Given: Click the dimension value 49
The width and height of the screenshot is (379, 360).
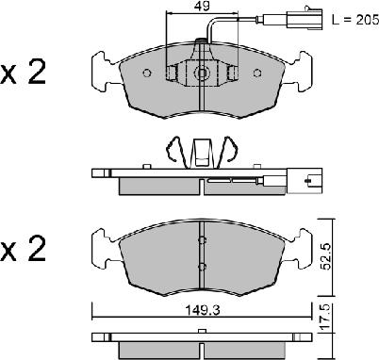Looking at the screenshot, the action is pyautogui.click(x=202, y=6).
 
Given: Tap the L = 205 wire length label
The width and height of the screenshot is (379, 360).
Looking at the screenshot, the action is pyautogui.click(x=355, y=20).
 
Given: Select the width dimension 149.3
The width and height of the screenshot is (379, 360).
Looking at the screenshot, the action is pyautogui.click(x=202, y=310).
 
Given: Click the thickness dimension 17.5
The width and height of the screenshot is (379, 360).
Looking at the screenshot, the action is pyautogui.click(x=325, y=318).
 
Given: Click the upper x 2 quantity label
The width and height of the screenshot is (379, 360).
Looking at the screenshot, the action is pyautogui.click(x=23, y=73).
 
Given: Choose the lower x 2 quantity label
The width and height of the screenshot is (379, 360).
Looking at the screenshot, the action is pyautogui.click(x=23, y=249).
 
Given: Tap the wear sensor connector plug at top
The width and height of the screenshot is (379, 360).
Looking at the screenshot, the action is pyautogui.click(x=305, y=19).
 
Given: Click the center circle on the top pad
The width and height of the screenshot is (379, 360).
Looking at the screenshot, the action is pyautogui.click(x=202, y=73).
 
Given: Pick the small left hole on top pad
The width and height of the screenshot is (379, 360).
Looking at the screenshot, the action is pyautogui.click(x=147, y=73).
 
